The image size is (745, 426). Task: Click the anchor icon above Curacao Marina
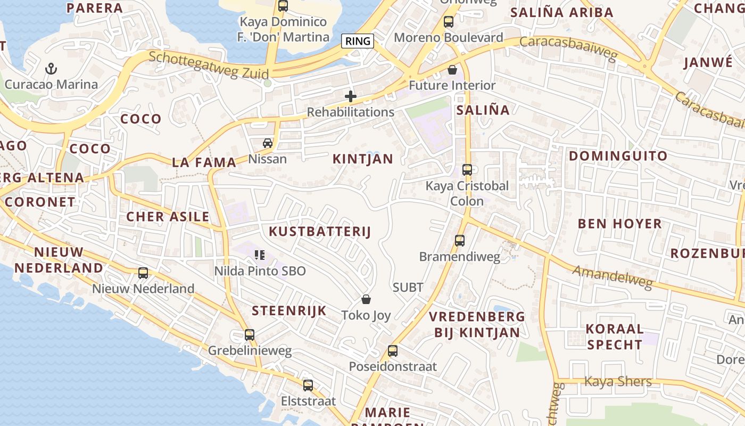(51, 68)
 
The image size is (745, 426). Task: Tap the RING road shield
(358, 41)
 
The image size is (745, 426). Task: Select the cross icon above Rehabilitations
(350, 96)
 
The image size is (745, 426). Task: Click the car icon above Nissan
(268, 143)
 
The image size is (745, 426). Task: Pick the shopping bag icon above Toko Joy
(366, 299)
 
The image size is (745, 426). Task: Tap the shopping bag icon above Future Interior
(452, 70)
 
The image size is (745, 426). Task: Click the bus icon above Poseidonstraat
(393, 351)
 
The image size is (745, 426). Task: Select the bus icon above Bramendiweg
(460, 241)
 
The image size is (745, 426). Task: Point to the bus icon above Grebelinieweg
(250, 335)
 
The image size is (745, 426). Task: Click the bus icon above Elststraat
(308, 386)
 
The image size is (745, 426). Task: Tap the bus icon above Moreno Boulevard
(449, 22)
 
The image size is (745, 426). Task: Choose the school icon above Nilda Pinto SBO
(260, 255)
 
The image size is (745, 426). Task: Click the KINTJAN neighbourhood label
(363, 159)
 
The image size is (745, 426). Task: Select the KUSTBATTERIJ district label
(319, 232)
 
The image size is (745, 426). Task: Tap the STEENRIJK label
(289, 311)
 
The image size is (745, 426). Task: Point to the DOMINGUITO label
(618, 156)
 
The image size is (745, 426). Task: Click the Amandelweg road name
(612, 277)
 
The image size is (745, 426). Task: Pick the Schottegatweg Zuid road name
(209, 65)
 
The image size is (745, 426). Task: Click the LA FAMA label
(204, 163)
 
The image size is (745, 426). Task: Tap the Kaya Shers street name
(618, 381)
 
